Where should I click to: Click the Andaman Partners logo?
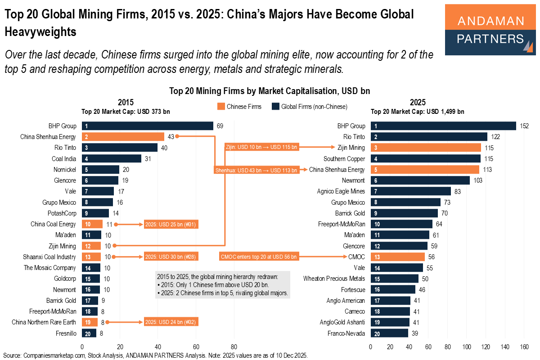coord(490,30)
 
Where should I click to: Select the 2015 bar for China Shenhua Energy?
coord(123,137)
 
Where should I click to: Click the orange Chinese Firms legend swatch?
coord(220,107)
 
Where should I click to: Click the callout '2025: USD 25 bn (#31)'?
coord(171,224)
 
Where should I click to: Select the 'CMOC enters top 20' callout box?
coord(259,256)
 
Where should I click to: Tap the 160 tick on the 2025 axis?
coord(524,347)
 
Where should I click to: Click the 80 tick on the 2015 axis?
coord(234,347)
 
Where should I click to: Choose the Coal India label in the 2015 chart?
coord(64,158)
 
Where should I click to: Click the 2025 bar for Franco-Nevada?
coord(389,333)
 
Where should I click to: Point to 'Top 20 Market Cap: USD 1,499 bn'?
coord(417,112)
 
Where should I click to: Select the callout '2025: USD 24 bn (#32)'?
coord(171,322)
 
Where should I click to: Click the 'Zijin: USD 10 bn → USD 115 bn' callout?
coord(261,147)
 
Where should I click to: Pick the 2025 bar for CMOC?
coord(397,256)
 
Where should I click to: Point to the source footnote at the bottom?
coord(155,355)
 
